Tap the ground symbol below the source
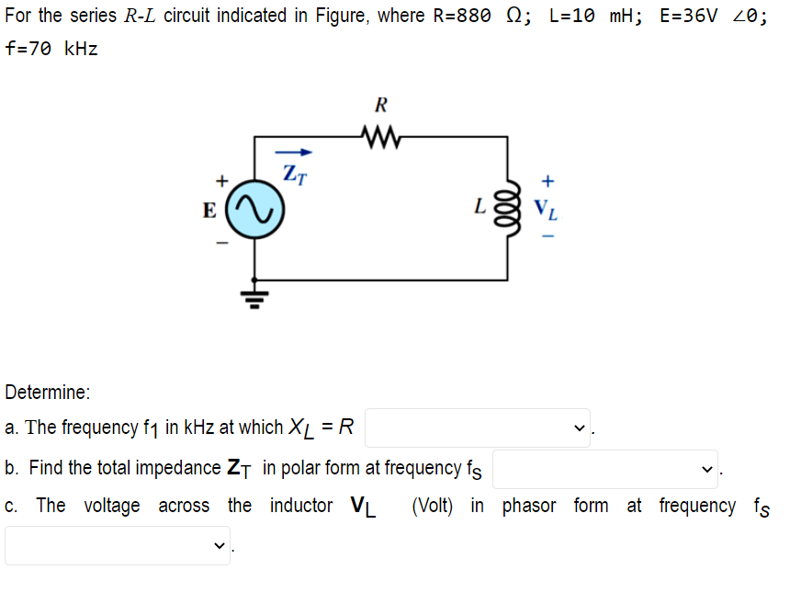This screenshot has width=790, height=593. [x=254, y=296]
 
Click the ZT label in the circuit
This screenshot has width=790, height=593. [x=293, y=172]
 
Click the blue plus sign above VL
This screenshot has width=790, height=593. [x=548, y=179]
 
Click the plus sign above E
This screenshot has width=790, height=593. [x=220, y=180]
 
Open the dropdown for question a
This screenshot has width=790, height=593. [x=478, y=428]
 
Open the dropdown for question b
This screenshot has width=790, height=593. [x=605, y=469]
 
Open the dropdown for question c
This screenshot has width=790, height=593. [x=118, y=545]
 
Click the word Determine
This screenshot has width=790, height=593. [x=47, y=393]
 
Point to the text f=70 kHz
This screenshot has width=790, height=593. [x=51, y=49]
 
